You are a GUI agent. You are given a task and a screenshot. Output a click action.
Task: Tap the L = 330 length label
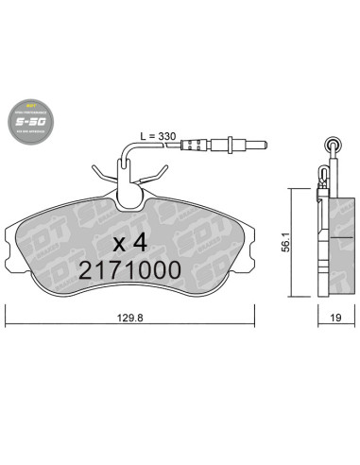coord(157,136)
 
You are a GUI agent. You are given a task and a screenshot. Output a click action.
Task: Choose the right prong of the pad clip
coord(163,173)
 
